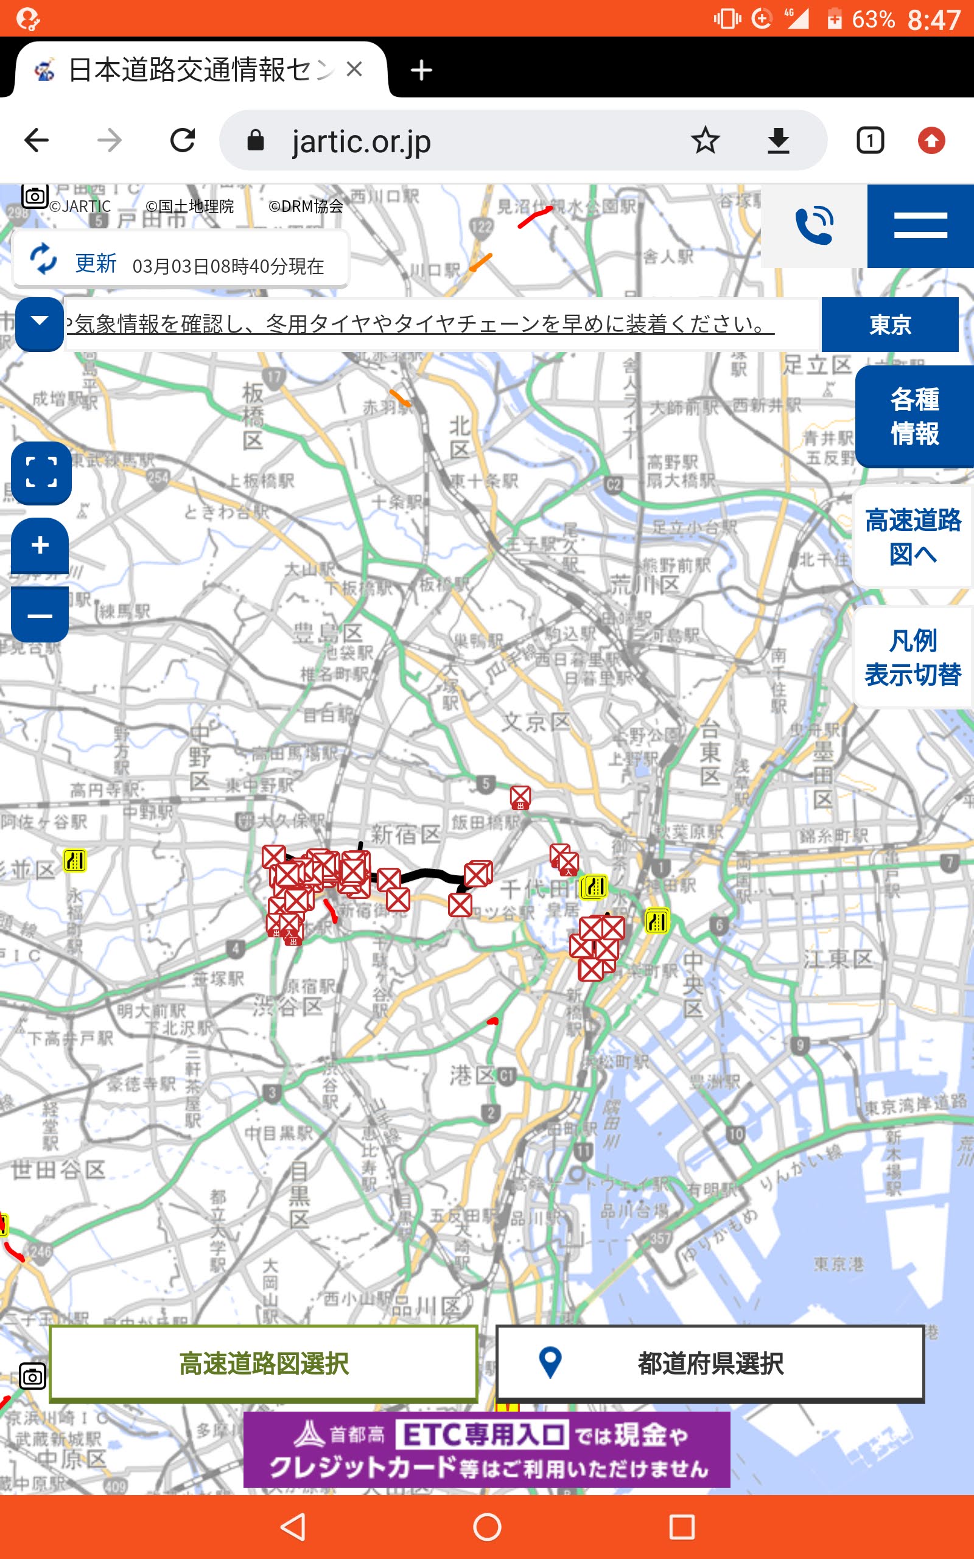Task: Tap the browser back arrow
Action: pyautogui.click(x=37, y=141)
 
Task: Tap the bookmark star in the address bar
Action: pyautogui.click(x=705, y=141)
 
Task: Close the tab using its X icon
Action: pyautogui.click(x=354, y=69)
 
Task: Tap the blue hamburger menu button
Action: pyautogui.click(x=920, y=225)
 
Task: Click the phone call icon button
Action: pyautogui.click(x=815, y=225)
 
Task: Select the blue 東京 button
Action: pyautogui.click(x=889, y=325)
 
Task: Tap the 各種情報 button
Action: pyautogui.click(x=914, y=416)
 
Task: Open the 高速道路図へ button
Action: pyautogui.click(x=913, y=537)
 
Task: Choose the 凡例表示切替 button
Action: pyautogui.click(x=913, y=657)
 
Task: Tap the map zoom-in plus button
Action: pyautogui.click(x=40, y=545)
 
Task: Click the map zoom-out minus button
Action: pyautogui.click(x=40, y=616)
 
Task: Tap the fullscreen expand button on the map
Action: pyautogui.click(x=41, y=472)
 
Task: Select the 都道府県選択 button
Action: pyautogui.click(x=710, y=1363)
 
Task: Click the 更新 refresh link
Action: pyautogui.click(x=96, y=264)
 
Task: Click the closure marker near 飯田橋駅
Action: pyautogui.click(x=520, y=797)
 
